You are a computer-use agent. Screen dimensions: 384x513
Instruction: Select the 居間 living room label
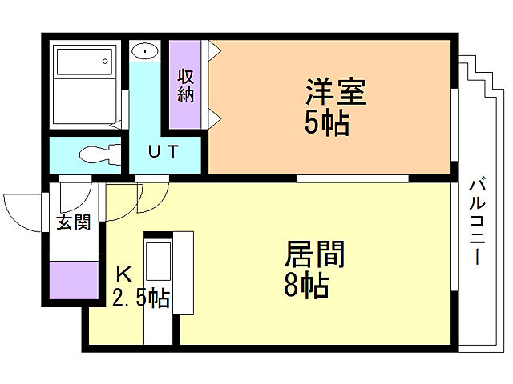click(315, 255)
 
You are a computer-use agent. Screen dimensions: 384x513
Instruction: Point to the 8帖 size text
click(306, 285)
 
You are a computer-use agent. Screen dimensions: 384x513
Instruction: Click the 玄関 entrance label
click(72, 222)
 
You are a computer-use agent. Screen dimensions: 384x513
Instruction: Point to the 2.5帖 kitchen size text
click(140, 298)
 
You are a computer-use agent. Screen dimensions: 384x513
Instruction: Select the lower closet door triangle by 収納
click(215, 119)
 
